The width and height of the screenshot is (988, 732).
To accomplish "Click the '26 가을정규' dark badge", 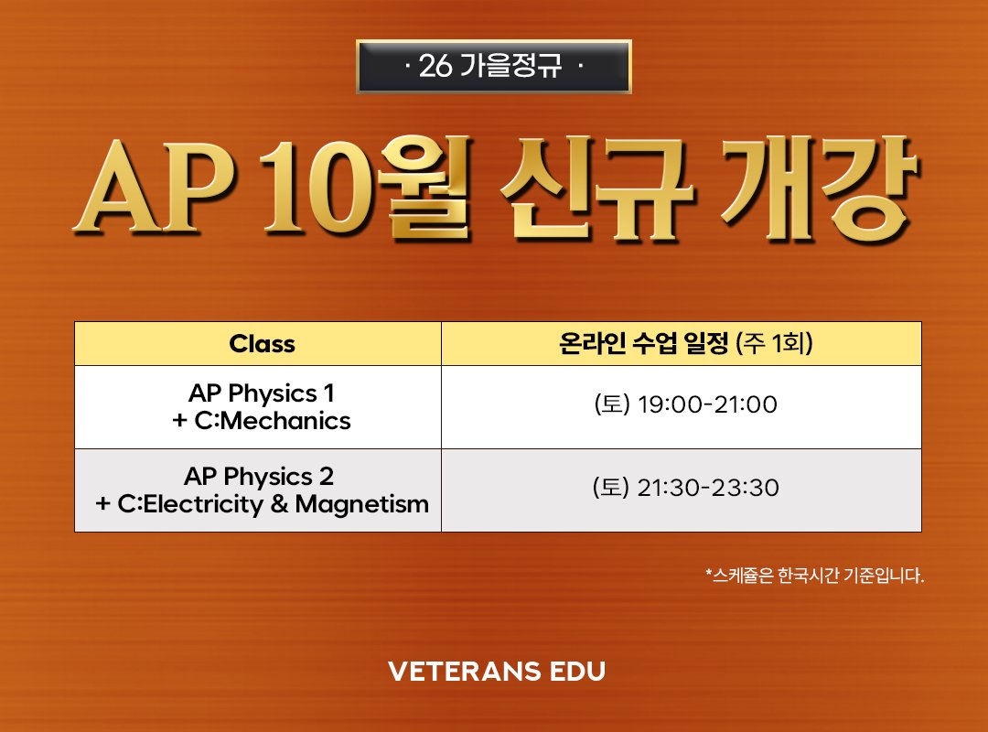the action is pos(493,66).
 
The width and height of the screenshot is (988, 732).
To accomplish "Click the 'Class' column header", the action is pos(263,344).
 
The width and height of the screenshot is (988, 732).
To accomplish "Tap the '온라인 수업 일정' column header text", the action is pos(643,343).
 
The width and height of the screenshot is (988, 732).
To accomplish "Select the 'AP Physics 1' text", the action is pos(262,393).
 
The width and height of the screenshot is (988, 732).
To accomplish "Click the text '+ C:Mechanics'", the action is pos(262,421).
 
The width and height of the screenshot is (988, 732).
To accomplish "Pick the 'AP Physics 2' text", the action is pos(259,477).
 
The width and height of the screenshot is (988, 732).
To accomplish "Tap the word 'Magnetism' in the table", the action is pos(361,504).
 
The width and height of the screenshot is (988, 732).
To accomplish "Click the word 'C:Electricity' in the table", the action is pos(191,504).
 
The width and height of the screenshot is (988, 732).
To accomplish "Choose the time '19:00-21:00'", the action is pos(707,404).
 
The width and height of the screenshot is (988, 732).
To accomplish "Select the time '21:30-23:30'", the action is pos(708,488).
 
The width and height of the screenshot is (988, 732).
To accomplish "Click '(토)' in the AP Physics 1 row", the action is pos(612,404).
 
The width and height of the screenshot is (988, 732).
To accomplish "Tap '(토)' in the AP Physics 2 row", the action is pos(610,488).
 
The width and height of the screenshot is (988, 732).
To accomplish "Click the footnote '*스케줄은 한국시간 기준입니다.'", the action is pos(815,575).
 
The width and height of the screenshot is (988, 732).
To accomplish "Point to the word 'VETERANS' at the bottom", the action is pos(465,672).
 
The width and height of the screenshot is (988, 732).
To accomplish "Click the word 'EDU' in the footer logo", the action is pos(578,672).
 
